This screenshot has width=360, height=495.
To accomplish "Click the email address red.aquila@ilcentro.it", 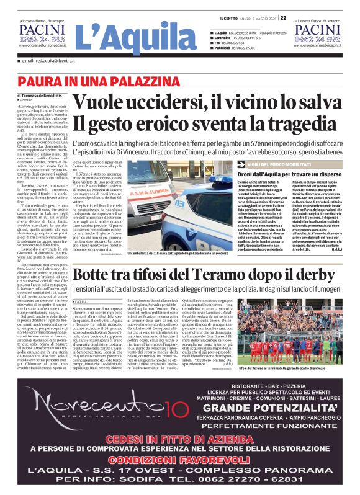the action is pyautogui.click(x=53, y=61).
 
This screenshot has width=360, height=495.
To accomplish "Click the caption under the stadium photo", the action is pyautogui.click(x=299, y=369).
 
